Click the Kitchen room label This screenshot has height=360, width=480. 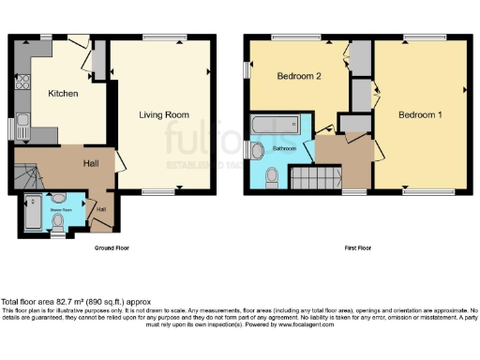[x=62, y=94]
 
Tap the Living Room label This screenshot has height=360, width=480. [x=164, y=115]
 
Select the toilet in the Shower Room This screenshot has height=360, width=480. [x=58, y=221]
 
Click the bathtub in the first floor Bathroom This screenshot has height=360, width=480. [x=275, y=126]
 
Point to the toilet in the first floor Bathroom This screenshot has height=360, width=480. [x=272, y=174]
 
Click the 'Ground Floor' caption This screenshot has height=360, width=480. [x=110, y=248]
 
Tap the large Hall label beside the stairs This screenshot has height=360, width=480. [x=92, y=163]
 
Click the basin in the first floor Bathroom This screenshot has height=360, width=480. [x=253, y=150]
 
